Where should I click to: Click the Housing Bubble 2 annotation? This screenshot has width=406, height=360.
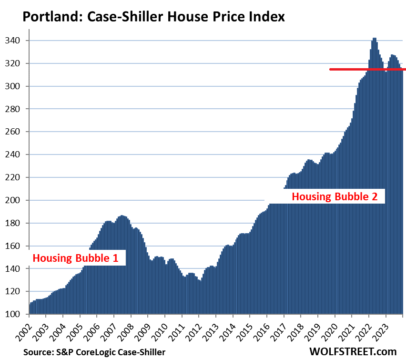[337, 196]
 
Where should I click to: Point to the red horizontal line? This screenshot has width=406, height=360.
[367, 69]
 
